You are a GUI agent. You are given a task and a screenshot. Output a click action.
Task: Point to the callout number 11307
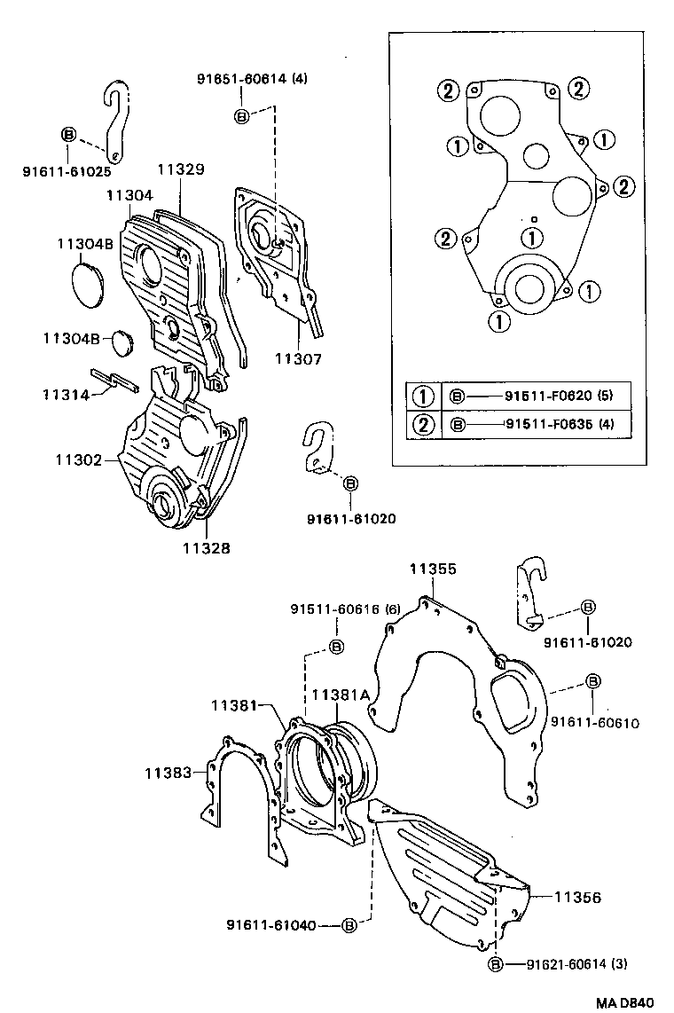(298, 359)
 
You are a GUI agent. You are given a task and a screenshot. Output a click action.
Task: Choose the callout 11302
(77, 460)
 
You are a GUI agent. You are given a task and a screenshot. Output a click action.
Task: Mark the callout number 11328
(207, 548)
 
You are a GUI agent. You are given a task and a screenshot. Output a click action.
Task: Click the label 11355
(433, 569)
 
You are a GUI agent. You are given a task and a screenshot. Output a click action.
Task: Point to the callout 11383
(168, 773)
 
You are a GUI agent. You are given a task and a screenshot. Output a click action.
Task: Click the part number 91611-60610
(594, 723)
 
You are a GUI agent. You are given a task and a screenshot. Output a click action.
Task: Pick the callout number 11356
(577, 898)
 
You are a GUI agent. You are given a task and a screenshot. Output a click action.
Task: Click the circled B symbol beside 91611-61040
(349, 926)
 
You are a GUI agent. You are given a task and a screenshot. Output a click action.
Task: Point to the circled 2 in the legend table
(424, 424)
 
